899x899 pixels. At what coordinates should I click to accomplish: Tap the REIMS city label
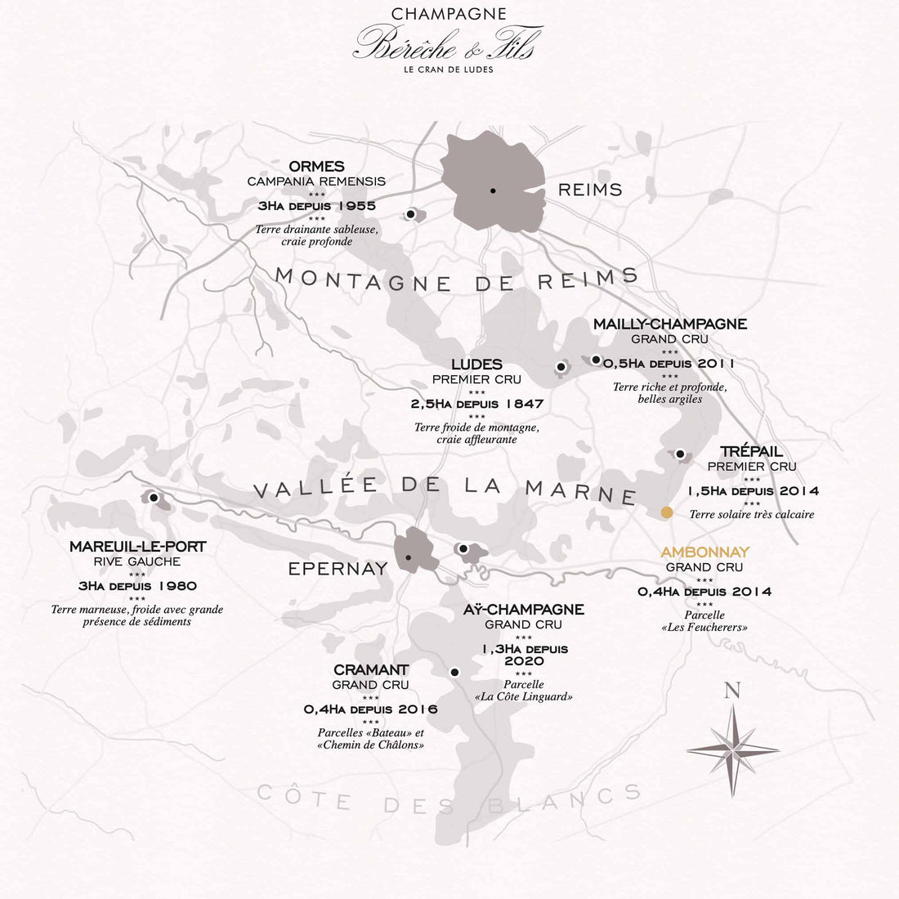590,190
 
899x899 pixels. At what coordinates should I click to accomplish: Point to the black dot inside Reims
493,190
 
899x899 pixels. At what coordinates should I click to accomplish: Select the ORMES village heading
316,167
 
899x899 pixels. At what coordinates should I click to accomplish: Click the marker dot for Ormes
410,214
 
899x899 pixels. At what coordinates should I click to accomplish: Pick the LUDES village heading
476,365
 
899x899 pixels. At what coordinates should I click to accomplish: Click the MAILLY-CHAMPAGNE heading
669,324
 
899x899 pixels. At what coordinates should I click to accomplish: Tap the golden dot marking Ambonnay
667,512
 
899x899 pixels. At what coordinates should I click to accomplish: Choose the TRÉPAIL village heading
751,452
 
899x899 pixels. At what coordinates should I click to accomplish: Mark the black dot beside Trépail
680,454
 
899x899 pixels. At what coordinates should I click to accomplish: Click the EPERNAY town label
338,569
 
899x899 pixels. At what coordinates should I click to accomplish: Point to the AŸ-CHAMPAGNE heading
524,610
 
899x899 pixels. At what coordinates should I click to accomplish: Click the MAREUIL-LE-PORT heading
137,547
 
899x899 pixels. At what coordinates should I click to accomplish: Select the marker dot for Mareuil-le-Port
153,496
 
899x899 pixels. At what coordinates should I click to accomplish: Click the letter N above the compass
732,691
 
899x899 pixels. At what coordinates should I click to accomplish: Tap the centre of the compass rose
733,749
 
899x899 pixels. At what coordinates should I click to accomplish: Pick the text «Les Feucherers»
704,628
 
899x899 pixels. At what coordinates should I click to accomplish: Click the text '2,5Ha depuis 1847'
476,404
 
